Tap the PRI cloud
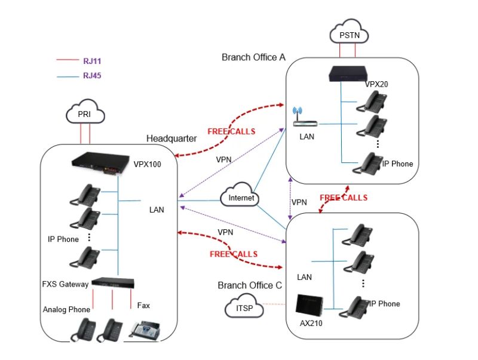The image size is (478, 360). click(x=84, y=113)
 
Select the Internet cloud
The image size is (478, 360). click(x=240, y=198)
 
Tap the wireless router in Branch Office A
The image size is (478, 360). click(x=303, y=121)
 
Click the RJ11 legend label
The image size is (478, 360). click(x=92, y=61)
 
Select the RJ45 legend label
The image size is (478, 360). click(x=92, y=76)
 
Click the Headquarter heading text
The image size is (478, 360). click(x=171, y=139)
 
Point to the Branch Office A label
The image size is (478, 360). click(x=253, y=57)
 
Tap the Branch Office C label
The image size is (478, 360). click(x=249, y=285)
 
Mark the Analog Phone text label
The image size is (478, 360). click(x=66, y=309)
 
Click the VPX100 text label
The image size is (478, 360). click(x=147, y=163)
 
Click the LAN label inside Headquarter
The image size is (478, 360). click(x=157, y=210)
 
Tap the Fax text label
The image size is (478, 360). click(x=143, y=306)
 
